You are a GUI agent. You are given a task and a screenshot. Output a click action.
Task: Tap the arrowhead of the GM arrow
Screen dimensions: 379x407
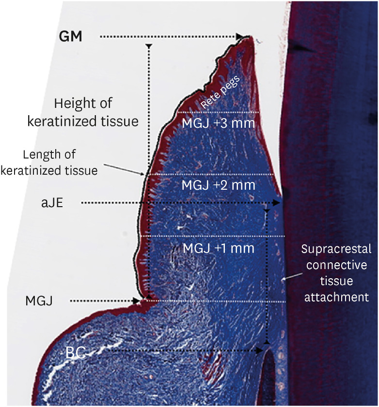[240, 36]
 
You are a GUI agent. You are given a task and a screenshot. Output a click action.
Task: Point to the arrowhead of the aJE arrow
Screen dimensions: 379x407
[277, 203]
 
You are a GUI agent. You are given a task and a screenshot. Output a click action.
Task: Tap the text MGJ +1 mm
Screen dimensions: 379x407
[219, 248]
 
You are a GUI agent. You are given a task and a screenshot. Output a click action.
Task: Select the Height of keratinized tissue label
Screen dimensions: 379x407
[83, 112]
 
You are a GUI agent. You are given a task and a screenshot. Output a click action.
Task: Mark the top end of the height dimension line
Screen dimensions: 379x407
[149, 45]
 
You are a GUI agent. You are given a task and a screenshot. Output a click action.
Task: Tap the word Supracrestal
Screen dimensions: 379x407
[336, 249]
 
